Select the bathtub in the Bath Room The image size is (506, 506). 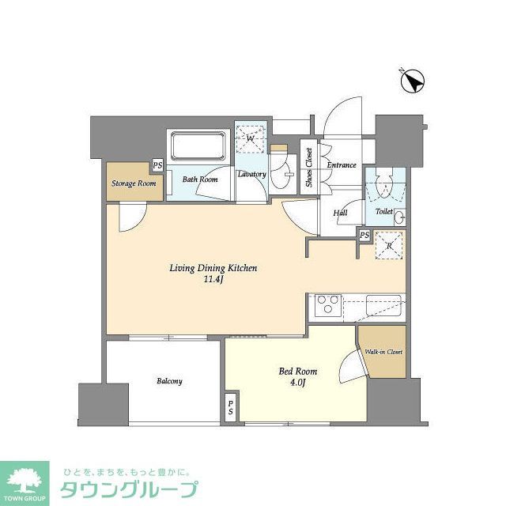click(x=197, y=148)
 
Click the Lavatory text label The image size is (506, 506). click(x=251, y=174)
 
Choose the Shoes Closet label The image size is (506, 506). click(x=308, y=168)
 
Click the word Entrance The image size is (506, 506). click(x=342, y=165)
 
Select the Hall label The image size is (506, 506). click(x=340, y=213)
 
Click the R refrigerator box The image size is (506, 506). click(x=389, y=244)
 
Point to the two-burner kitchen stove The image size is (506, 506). click(x=328, y=304)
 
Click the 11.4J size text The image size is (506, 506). click(x=213, y=279)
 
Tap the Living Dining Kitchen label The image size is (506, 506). click(x=213, y=268)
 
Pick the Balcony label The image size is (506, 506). click(x=169, y=381)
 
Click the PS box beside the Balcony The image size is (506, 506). click(x=231, y=407)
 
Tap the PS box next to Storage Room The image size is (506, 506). click(x=158, y=166)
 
